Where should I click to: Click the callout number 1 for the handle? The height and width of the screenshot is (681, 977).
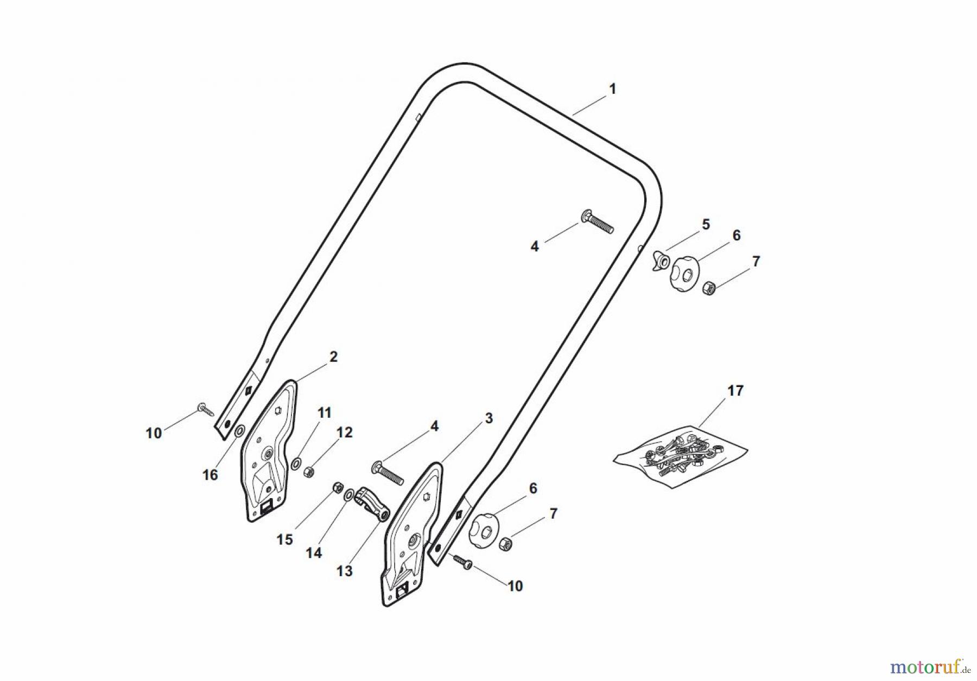612,89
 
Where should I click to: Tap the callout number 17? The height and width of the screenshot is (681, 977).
735,391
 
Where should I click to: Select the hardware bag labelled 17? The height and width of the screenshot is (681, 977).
681,456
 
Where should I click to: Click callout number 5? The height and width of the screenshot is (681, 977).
706,224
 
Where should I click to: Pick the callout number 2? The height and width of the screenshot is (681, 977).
333,357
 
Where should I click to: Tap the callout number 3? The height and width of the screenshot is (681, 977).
488,418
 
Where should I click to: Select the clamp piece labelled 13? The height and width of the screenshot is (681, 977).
372,503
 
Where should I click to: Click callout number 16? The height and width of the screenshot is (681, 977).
210,475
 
